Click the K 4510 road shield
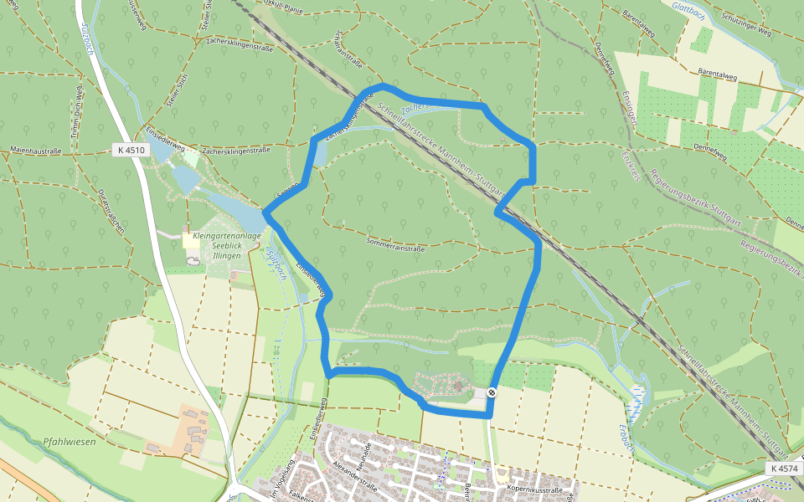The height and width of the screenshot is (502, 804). click(x=130, y=150)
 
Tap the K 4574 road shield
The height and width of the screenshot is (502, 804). click(x=783, y=469)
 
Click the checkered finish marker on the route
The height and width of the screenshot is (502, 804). click(x=492, y=392)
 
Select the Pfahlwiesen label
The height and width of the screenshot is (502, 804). click(x=70, y=441)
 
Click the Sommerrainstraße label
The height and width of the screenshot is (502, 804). click(x=396, y=248)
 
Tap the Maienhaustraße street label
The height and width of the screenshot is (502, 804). click(x=35, y=151)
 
